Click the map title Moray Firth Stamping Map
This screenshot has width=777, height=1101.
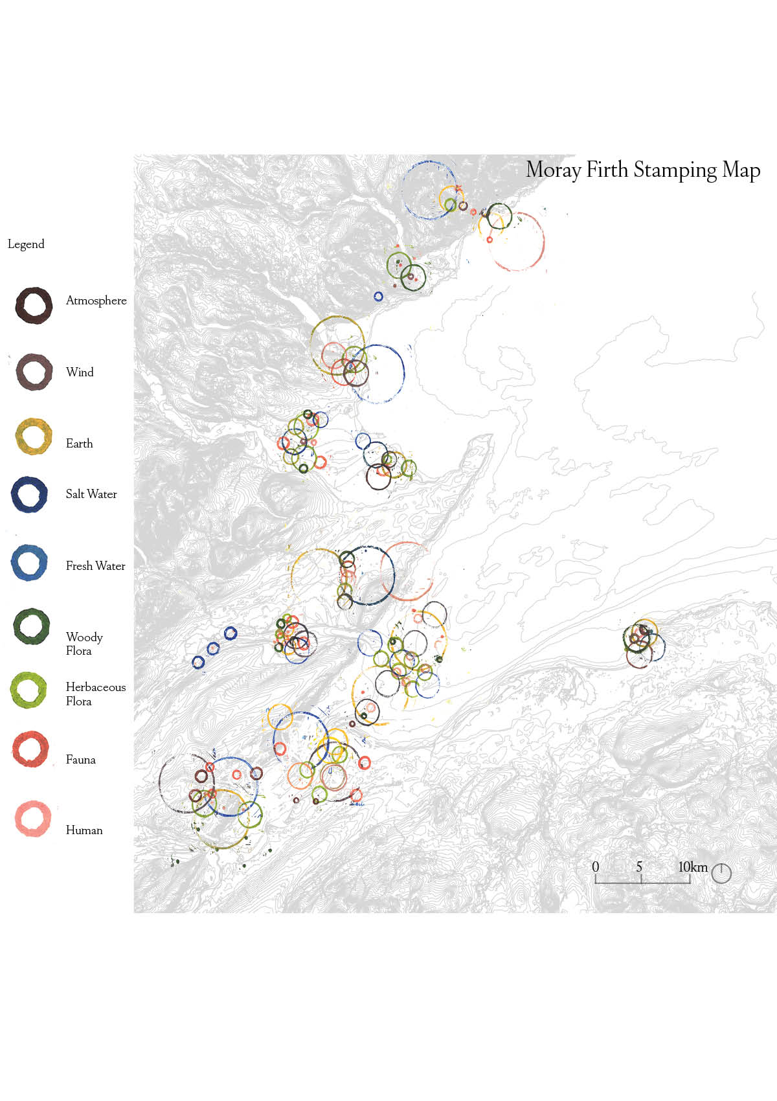point(642,170)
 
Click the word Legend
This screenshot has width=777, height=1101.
point(26,244)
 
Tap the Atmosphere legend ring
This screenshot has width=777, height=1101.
point(34,306)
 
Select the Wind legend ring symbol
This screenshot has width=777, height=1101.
point(34,372)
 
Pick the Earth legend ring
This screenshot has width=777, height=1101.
point(33,437)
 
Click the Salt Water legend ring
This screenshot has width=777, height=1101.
point(29,495)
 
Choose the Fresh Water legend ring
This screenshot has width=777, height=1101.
point(29,563)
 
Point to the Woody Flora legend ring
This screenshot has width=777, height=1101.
point(31,626)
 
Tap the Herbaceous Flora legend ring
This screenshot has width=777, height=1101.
point(28,690)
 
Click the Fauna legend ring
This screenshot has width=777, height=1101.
point(30,749)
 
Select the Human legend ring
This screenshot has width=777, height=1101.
point(33,819)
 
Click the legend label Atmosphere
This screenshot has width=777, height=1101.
point(96,301)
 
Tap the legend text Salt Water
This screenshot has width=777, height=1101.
point(91,494)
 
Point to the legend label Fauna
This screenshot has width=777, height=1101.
point(80,760)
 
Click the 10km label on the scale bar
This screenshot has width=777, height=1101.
point(693,867)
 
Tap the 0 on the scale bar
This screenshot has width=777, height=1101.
point(596,867)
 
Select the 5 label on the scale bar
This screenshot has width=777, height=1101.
point(639,867)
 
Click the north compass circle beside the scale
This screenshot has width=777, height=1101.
point(721,873)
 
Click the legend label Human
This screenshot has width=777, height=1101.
point(84,830)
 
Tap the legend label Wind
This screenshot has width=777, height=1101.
point(80,372)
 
